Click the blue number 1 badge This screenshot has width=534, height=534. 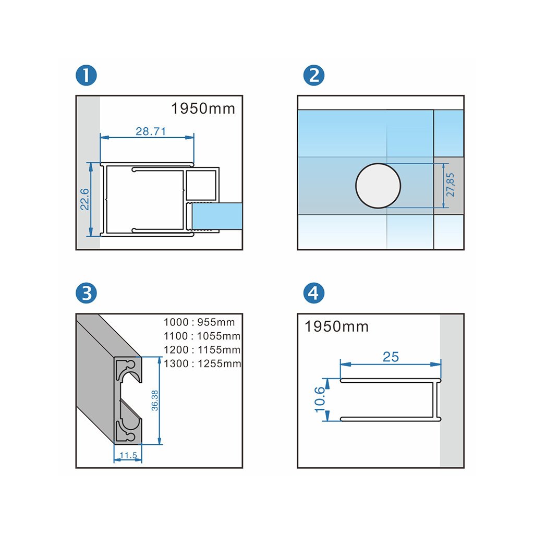click(x=86, y=75)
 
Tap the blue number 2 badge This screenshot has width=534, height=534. click(x=313, y=75)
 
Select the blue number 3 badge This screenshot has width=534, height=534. click(x=86, y=293)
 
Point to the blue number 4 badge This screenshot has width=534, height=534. click(x=313, y=293)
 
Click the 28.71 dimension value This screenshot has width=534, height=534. click(x=151, y=131)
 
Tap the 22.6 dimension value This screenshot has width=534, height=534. click(x=84, y=199)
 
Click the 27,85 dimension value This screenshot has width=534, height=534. click(x=450, y=185)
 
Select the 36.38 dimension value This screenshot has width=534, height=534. click(x=154, y=400)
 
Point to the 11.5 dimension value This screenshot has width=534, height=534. click(x=128, y=455)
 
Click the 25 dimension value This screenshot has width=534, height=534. click(x=391, y=357)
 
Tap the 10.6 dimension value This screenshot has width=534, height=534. click(x=320, y=399)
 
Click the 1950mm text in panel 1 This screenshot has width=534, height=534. click(x=203, y=108)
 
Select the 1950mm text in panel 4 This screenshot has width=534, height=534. click(x=336, y=326)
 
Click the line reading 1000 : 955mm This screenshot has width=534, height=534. click(x=199, y=322)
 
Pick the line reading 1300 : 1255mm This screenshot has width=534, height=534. click(x=202, y=363)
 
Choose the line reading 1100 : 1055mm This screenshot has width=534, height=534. click(x=202, y=336)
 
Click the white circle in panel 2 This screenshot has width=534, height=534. click(x=378, y=186)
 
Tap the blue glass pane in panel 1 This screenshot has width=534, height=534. click(x=217, y=216)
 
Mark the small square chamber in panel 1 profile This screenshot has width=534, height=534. click(x=201, y=185)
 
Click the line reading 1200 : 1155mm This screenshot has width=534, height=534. click(x=202, y=350)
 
